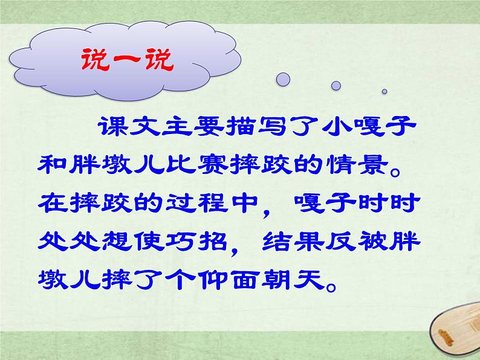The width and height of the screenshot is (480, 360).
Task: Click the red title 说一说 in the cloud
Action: (126, 61)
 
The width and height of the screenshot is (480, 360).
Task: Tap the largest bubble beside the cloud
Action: (283, 79)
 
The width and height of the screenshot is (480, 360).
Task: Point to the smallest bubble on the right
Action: (384, 92)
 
